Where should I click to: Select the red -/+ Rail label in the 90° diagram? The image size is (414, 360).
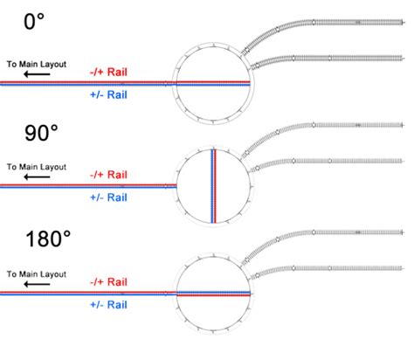point(108,174)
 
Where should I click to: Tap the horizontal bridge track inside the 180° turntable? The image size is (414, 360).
point(214,294)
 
